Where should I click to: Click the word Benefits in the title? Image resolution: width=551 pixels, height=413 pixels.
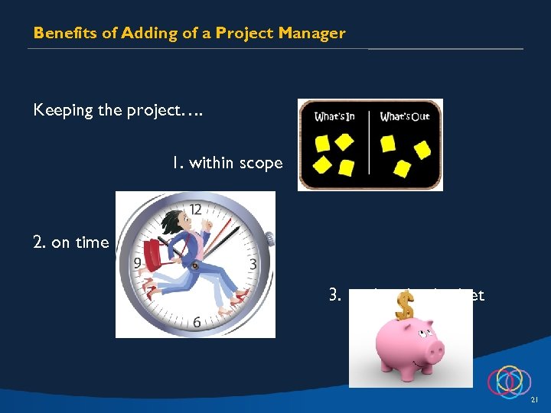(x=60, y=33)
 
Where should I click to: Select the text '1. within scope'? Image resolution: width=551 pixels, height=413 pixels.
(x=227, y=162)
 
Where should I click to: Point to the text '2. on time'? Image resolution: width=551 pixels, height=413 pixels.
(x=70, y=242)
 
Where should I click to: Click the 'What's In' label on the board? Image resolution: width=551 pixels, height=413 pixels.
(x=334, y=116)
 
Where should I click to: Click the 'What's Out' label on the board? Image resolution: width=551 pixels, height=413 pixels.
(x=405, y=116)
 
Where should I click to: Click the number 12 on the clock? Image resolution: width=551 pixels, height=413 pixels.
(x=196, y=209)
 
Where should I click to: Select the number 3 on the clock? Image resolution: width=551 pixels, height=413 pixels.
(x=253, y=265)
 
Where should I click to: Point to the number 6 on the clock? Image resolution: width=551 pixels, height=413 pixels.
(x=197, y=322)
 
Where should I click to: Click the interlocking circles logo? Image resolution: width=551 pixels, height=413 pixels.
(x=509, y=380)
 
